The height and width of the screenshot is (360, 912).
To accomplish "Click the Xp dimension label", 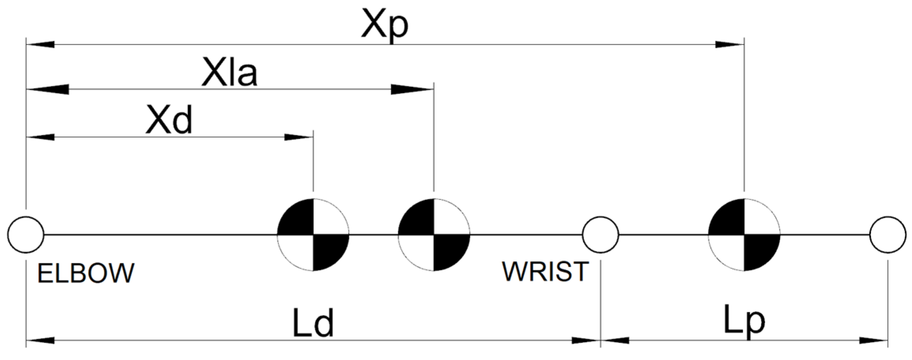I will (384, 27).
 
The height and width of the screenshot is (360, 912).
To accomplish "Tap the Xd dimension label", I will (169, 120).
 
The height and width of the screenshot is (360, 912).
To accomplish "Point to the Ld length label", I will (313, 323).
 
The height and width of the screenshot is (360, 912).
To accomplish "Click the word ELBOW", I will (86, 273).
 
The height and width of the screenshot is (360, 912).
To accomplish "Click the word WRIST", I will (545, 272).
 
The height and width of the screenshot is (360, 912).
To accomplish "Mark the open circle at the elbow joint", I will (26, 235).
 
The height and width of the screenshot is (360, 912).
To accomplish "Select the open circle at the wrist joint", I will (600, 235).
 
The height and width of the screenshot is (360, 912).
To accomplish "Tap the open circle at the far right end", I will (888, 235).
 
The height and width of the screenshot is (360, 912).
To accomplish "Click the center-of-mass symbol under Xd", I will (313, 235).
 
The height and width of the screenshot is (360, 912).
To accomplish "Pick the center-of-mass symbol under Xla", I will (434, 235).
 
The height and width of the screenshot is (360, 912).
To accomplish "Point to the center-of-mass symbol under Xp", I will (744, 235).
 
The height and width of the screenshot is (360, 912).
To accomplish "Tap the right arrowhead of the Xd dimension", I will (299, 138).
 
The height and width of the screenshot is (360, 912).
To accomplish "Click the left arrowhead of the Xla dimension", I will (47, 89).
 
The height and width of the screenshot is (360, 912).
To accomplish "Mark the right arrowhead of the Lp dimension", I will (874, 340).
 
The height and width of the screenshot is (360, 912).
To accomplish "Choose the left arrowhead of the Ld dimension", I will (40, 340).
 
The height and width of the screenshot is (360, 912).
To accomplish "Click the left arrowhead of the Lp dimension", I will (615, 340).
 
